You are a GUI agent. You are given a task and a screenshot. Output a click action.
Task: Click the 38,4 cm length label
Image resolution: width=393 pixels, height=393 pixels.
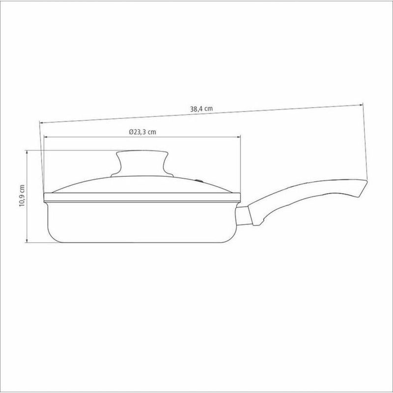201,110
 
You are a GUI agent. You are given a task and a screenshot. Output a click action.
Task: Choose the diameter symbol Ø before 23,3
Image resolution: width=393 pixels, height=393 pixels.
132,132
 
